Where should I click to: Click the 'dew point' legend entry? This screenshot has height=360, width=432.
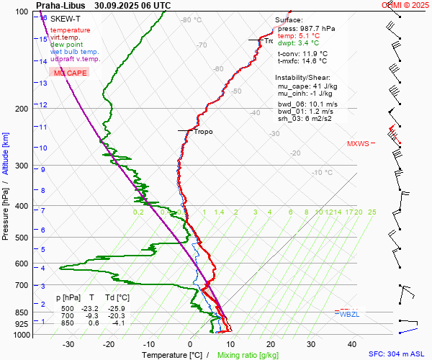[66, 45]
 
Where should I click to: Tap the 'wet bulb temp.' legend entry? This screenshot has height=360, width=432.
[74, 52]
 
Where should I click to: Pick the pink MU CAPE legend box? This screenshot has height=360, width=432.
[70, 73]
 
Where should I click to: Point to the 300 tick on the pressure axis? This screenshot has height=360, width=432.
[20, 166]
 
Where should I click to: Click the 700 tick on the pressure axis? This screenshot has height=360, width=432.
[20, 286]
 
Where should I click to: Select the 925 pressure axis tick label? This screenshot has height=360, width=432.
[20, 325]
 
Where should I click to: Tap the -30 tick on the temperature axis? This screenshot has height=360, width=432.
[68, 344]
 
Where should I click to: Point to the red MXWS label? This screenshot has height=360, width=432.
[357, 143]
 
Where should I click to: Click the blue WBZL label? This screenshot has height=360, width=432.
[350, 314]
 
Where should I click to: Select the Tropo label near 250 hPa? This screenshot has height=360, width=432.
[203, 132]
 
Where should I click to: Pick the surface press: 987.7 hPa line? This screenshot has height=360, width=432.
[306, 28]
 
